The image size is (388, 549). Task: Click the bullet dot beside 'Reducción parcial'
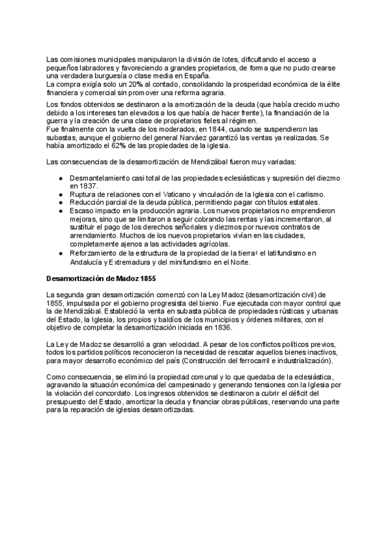tap(60, 202)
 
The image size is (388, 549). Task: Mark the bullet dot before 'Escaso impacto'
tap(60, 211)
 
